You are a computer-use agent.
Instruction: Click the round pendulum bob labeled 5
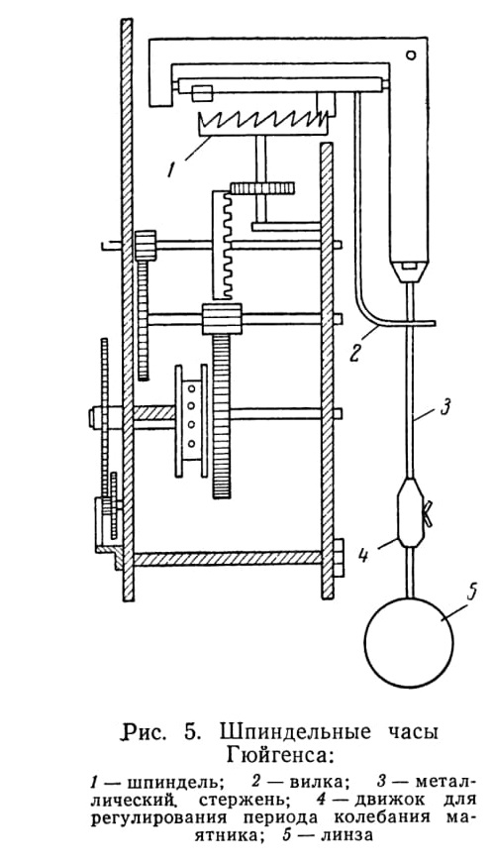click(x=410, y=641)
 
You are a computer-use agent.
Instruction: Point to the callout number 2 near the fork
click(x=355, y=352)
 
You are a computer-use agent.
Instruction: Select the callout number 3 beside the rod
click(x=446, y=408)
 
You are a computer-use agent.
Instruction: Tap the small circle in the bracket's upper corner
click(x=411, y=54)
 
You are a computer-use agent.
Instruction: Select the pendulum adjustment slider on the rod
click(x=410, y=513)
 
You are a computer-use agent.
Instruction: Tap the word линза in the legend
click(x=344, y=835)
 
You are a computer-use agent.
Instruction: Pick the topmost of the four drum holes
click(x=191, y=389)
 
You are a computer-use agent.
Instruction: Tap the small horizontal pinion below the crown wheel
click(x=262, y=188)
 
